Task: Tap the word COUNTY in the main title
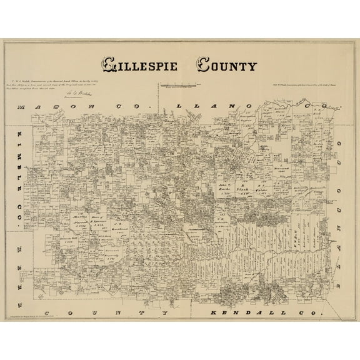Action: pyautogui.click(x=227, y=64)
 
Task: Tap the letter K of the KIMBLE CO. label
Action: pyautogui.click(x=22, y=136)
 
